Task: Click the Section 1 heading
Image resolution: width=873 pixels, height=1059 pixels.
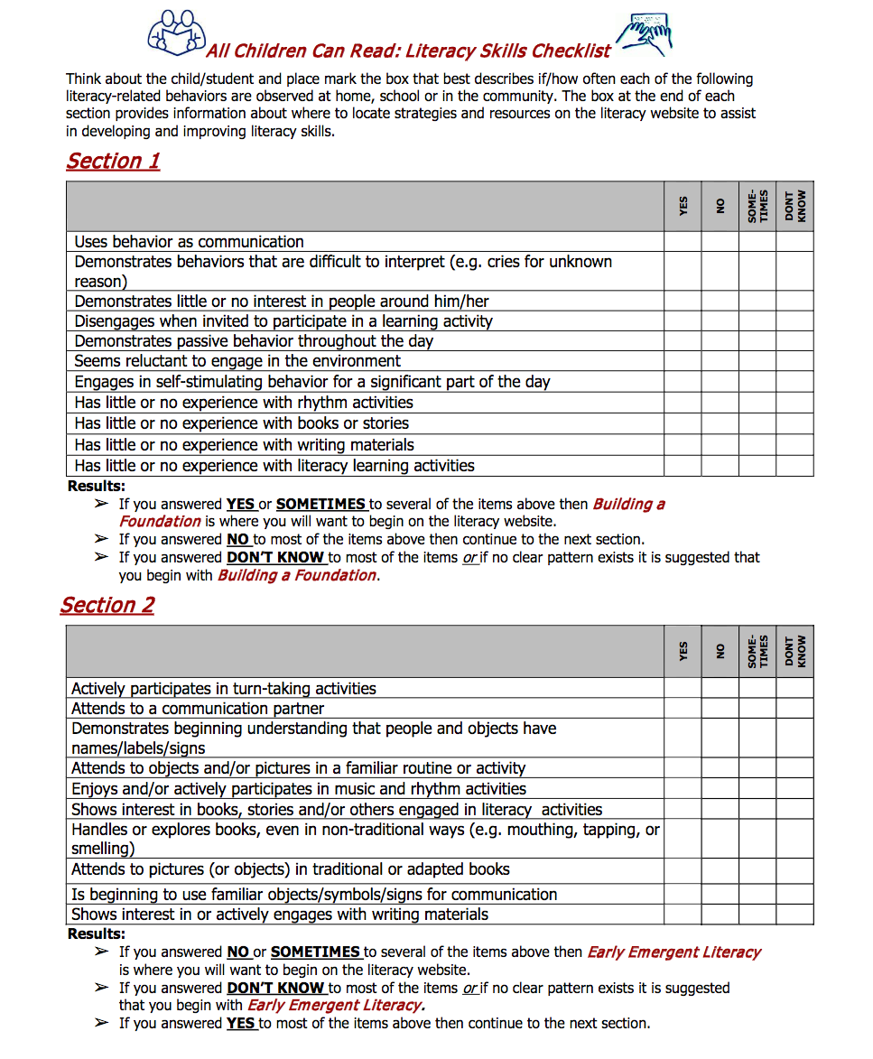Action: point(113,161)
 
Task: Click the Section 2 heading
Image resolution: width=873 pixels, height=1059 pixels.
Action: point(107,605)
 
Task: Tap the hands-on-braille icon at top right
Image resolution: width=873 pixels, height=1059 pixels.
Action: point(645,35)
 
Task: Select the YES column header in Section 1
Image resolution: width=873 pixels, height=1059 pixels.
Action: point(683,206)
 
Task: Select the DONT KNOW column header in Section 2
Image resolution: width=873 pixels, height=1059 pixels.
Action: point(794,651)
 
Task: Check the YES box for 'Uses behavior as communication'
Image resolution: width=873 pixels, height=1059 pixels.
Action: point(683,242)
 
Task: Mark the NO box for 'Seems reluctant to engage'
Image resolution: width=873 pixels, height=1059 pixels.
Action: point(720,361)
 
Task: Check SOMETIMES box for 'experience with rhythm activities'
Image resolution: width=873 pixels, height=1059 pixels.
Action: point(757,403)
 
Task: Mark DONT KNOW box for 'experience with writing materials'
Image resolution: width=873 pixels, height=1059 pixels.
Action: point(794,444)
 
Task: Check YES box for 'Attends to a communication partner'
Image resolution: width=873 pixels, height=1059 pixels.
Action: point(683,709)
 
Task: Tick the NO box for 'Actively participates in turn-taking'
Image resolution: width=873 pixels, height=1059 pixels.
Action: point(720,688)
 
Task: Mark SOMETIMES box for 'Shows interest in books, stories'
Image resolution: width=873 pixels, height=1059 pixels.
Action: point(757,810)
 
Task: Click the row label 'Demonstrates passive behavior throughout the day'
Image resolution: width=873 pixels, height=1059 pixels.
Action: point(254,341)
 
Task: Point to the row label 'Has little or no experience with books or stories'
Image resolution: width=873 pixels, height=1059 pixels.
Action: point(241,423)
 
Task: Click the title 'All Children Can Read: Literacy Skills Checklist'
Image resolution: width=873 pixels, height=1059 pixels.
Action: point(408,51)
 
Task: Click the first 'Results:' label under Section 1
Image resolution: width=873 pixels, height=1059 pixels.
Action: point(96,487)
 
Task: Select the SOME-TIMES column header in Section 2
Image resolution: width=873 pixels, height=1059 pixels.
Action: point(757,651)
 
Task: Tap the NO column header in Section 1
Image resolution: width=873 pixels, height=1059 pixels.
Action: point(720,206)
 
